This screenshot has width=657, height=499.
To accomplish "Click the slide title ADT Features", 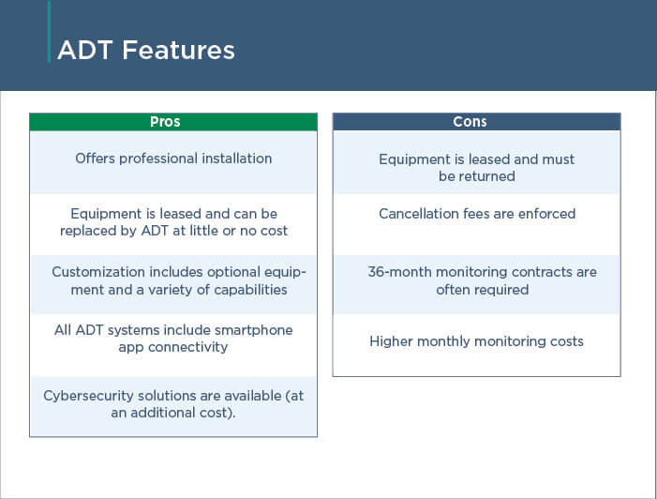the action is click(146, 51).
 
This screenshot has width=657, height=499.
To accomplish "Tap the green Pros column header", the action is click(173, 122).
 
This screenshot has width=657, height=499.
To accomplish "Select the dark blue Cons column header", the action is click(476, 122).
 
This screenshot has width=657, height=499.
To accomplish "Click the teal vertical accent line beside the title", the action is click(49, 32).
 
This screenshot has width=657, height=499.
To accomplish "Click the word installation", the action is click(237, 159).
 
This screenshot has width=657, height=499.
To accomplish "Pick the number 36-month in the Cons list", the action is click(400, 272).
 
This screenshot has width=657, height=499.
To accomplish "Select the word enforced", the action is click(546, 214).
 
